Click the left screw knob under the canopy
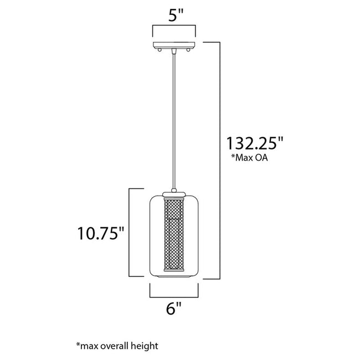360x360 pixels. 160,50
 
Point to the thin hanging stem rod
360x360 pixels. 173,122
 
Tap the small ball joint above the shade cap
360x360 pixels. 173,189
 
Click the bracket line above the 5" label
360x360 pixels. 173,27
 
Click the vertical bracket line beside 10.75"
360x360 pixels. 130,233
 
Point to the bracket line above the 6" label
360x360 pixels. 173,294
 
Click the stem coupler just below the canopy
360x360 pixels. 173,52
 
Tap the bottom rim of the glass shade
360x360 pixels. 173,276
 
